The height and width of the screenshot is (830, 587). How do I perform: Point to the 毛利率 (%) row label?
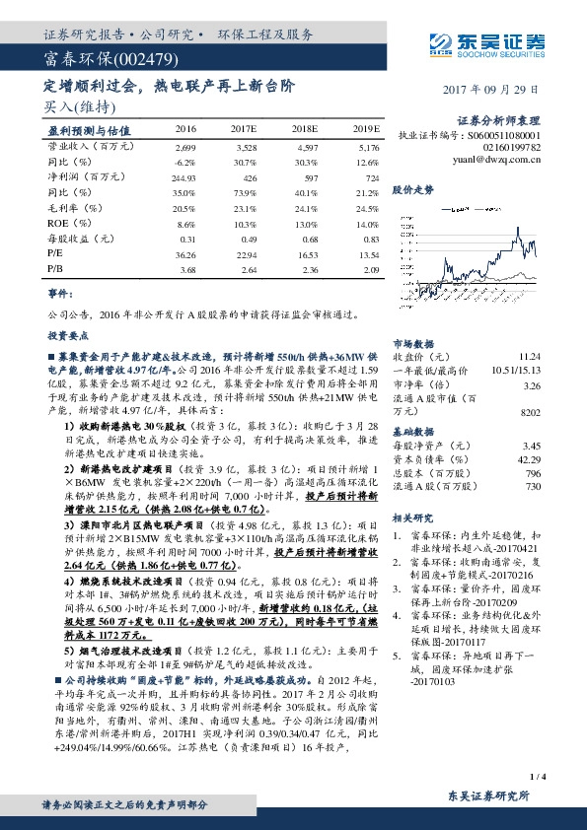pos(74,209)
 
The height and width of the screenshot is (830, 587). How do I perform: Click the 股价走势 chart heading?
pos(412,188)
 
